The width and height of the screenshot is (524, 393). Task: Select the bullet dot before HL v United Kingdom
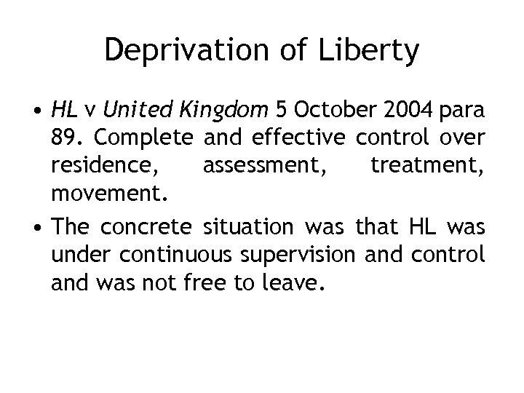coord(36,111)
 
